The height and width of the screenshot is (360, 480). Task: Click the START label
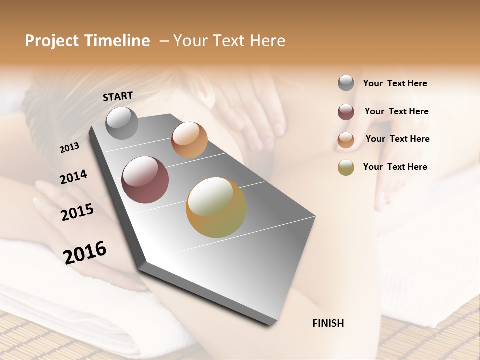118,96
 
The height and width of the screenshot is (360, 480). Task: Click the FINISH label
328,323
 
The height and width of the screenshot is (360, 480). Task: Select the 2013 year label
69,148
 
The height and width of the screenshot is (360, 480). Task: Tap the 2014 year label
73,177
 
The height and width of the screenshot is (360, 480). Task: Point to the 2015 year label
77,212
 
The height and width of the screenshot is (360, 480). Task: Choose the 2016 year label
85,252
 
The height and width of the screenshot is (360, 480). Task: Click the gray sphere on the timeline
122,123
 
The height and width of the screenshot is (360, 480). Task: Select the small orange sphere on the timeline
189,140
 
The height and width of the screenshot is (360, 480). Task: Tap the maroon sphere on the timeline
145,180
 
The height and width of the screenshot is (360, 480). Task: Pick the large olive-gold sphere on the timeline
216,207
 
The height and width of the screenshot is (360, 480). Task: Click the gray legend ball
346,83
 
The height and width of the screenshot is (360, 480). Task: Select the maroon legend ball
346,112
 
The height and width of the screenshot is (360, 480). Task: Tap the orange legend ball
346,140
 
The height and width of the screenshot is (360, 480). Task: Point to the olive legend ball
346,167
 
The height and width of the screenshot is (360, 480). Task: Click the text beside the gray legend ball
395,83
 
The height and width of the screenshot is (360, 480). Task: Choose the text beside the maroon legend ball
396,111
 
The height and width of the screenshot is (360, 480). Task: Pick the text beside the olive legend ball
395,167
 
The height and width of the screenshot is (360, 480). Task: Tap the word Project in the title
51,41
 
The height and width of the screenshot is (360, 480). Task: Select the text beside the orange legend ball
397,139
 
